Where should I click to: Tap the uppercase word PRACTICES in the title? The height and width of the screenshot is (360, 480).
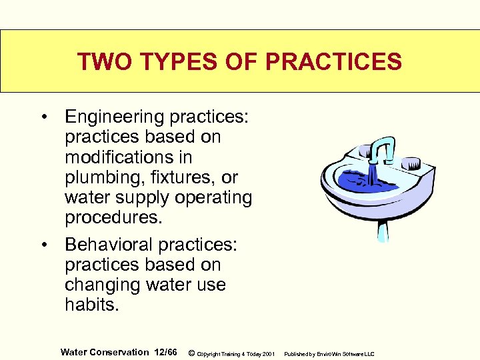coord(333,62)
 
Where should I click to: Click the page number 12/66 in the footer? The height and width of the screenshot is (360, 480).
coord(165,352)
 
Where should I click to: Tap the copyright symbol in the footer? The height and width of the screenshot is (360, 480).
coord(191,353)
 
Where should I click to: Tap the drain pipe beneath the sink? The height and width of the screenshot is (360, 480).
coord(382,230)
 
